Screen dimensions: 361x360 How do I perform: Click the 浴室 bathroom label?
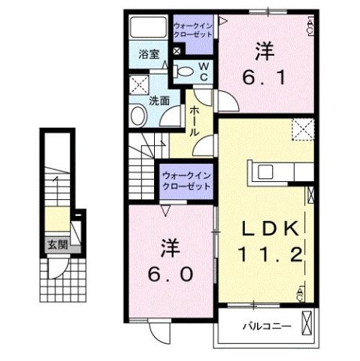(148, 53)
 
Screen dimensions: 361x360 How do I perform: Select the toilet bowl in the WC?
(183, 72)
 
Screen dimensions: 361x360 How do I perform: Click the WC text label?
(203, 72)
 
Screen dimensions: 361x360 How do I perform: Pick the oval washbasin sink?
(138, 115)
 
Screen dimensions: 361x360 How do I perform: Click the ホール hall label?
(194, 121)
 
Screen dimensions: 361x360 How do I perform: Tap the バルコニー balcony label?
(262, 326)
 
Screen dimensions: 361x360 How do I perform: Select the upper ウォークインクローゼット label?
(194, 31)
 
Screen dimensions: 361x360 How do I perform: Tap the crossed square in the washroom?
(138, 84)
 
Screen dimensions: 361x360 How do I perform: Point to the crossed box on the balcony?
(308, 324)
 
